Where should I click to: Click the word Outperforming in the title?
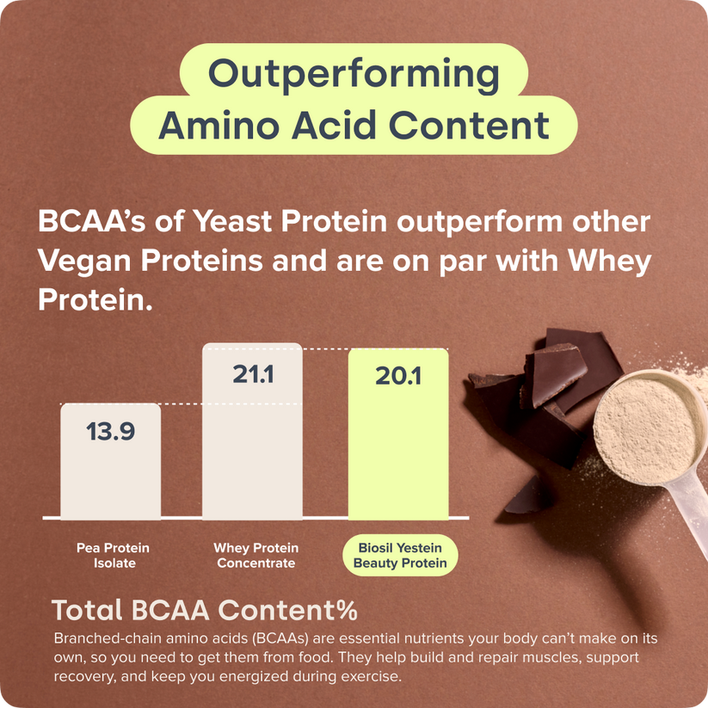[354, 75]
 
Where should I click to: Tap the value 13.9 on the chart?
[110, 431]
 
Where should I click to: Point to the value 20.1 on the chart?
[397, 376]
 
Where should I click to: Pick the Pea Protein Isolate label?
[113, 556]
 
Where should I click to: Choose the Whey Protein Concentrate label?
[256, 556]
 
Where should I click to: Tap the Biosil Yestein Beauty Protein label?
[401, 556]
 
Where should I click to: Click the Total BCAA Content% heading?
[205, 610]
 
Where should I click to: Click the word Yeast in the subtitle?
[250, 221]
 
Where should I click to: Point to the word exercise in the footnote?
[371, 676]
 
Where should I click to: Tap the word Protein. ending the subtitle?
[95, 299]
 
